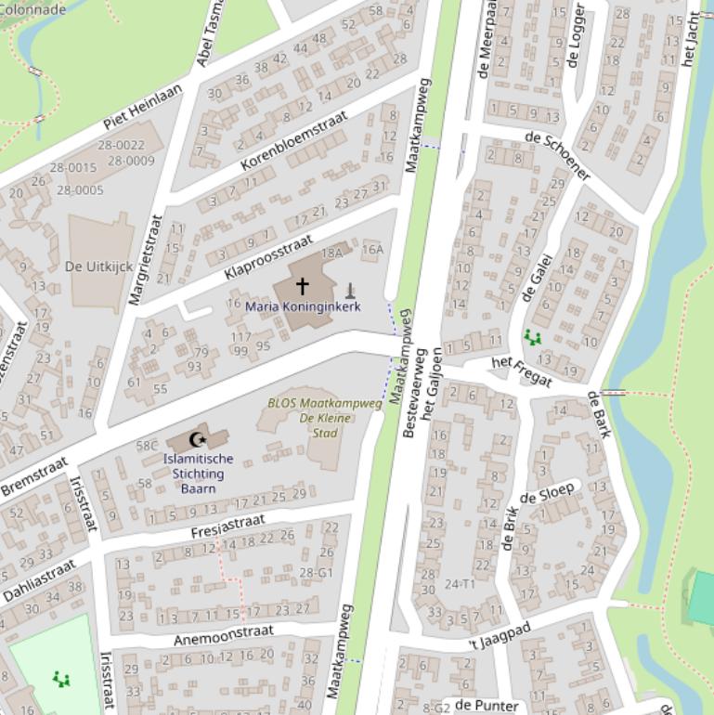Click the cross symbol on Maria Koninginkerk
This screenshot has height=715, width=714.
(302, 285)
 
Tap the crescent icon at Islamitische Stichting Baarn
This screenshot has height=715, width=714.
(196, 439)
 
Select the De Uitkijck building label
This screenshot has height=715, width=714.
(98, 266)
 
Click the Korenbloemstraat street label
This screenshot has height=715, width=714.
(293, 140)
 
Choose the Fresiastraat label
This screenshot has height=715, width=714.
(227, 526)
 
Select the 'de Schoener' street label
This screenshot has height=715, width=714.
(557, 155)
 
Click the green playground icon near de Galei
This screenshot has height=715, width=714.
(532, 337)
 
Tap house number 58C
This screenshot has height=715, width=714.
(147, 446)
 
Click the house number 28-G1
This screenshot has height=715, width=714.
(316, 573)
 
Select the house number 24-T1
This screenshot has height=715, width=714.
(460, 584)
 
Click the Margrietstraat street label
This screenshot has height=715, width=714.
(145, 260)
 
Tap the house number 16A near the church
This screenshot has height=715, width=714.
(372, 249)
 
